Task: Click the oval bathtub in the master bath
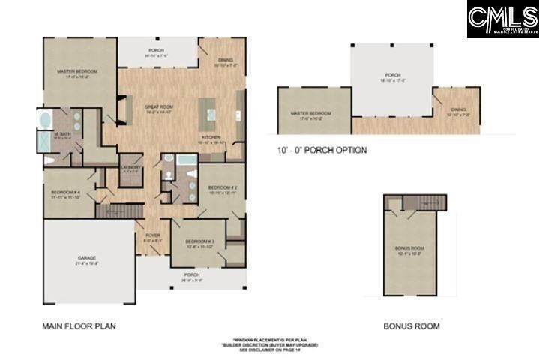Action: coord(44,119)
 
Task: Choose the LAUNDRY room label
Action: coord(128,169)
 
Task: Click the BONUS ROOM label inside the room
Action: coord(409,250)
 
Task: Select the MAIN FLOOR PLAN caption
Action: coord(79,326)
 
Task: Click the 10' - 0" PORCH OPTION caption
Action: coord(322,150)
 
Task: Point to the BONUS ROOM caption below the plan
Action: coord(411,326)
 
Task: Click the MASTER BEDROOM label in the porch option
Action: coord(310,115)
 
